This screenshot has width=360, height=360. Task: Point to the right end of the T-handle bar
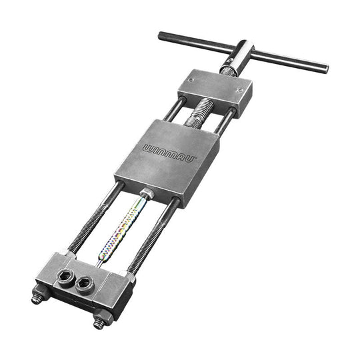coord(325,69)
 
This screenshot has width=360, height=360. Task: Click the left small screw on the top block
coord(191,80)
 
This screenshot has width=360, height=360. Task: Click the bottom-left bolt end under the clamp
coord(37,299)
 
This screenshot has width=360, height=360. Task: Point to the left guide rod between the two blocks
coord(175,110)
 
